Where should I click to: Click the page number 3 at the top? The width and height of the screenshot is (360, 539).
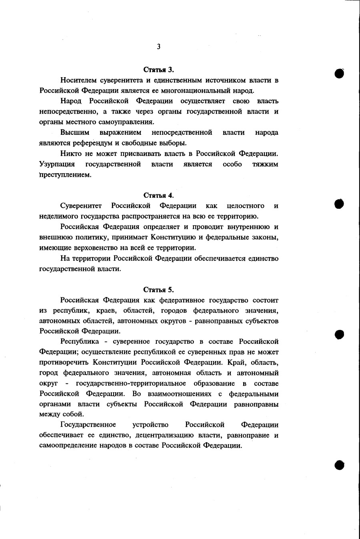click(158, 47)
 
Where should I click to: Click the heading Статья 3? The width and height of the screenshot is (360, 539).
click(158, 70)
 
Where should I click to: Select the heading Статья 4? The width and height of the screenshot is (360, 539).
click(158, 196)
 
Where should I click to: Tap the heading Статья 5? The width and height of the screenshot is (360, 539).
click(158, 290)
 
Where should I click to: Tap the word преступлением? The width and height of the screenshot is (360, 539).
click(65, 175)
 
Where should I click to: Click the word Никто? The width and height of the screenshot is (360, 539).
click(70, 154)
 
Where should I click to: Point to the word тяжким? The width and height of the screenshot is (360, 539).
click(265, 164)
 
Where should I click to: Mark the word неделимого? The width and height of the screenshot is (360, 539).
click(58, 217)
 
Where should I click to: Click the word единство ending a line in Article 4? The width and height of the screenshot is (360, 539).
click(263, 258)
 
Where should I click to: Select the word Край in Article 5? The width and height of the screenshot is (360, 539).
click(236, 363)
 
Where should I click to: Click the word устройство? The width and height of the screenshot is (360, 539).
click(150, 425)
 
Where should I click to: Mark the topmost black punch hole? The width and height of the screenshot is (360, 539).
click(339, 73)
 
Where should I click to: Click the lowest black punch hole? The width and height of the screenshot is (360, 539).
click(339, 465)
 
